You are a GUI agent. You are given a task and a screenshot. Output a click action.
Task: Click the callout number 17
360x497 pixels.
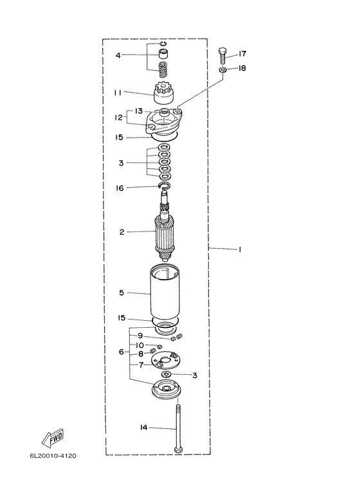click(x=242, y=54)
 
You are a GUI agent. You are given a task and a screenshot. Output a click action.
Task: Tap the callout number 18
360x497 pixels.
click(x=242, y=68)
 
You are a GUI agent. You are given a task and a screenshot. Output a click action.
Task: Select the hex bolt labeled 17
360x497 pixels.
click(x=222, y=56)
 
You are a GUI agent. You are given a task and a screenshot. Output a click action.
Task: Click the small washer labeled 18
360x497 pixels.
click(x=222, y=69)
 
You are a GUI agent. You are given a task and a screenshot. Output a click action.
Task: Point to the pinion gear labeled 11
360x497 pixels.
click(x=163, y=93)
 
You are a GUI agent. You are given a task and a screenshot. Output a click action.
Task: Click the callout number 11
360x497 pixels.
click(x=118, y=93)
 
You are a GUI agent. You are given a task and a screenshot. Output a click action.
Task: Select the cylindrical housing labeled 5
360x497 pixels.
click(x=165, y=293)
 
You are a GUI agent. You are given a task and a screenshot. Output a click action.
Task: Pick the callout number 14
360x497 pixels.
click(x=143, y=428)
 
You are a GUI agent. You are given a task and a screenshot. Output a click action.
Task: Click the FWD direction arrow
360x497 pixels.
click(x=53, y=438)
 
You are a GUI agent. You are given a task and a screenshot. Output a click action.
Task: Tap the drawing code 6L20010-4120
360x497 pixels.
click(x=53, y=456)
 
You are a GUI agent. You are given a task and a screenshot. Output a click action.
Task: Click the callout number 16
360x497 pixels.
click(x=120, y=188)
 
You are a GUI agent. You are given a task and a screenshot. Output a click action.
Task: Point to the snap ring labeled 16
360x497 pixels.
click(x=165, y=186)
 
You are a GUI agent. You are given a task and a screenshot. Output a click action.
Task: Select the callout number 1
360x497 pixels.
click(x=240, y=249)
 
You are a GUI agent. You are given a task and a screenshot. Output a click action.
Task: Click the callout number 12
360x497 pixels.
click(x=118, y=118)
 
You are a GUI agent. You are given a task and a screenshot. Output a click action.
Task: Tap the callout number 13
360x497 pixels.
click(x=139, y=111)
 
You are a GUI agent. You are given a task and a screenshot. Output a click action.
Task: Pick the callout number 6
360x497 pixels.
click(x=122, y=352)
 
